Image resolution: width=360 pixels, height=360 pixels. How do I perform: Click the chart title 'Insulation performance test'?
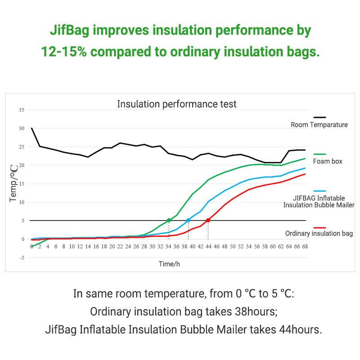[x=176, y=104]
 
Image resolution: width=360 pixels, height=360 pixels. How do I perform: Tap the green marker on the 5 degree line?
[x=169, y=220]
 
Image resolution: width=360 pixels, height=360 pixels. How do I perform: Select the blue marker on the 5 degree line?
[x=188, y=220]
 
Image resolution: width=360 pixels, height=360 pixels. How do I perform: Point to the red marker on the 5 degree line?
[x=208, y=220]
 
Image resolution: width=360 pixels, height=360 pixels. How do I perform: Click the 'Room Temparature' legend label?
[x=319, y=125]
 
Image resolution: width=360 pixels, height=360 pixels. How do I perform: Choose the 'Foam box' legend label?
[x=327, y=161]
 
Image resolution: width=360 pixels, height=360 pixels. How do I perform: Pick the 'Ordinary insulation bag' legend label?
[x=319, y=234]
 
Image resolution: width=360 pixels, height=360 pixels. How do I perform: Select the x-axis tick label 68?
[x=305, y=247]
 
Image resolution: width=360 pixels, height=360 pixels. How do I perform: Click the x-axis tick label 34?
[x=168, y=247]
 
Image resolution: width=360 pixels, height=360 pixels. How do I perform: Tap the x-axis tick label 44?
[x=208, y=247]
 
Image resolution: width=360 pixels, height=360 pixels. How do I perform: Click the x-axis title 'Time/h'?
[x=169, y=264]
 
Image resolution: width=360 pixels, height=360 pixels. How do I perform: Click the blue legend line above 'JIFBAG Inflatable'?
[x=319, y=191]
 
